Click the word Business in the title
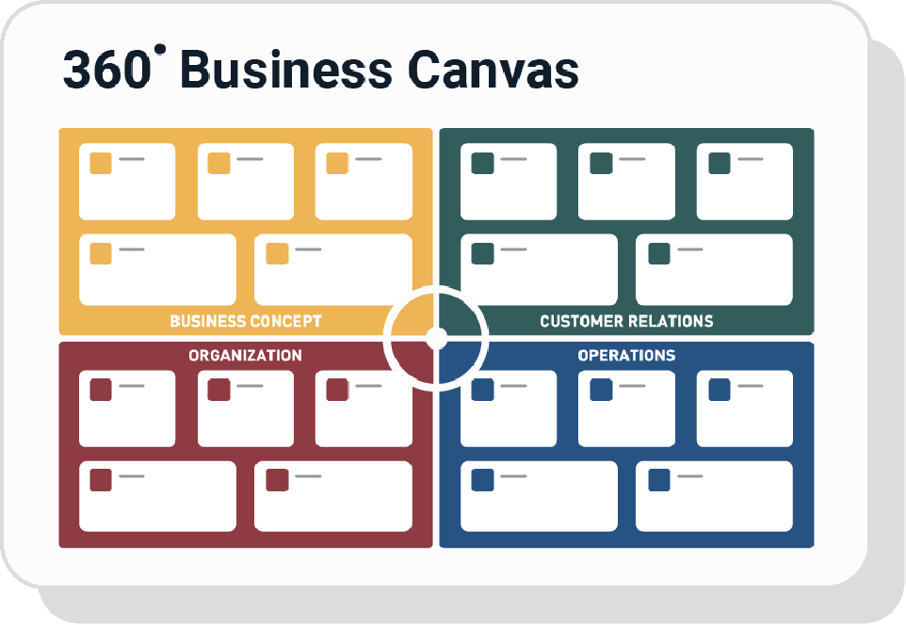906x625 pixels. tap(279, 71)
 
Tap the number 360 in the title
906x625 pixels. tap(105, 71)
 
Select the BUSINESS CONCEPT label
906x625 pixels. tap(246, 321)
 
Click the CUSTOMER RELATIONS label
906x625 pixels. tap(626, 321)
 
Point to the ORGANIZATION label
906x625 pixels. tap(245, 355)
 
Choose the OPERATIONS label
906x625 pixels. tap(626, 355)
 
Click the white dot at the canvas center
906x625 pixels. tap(435, 336)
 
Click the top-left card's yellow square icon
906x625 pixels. tap(101, 163)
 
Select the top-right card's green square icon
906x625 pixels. tap(720, 163)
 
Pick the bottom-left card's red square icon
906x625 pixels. tap(101, 480)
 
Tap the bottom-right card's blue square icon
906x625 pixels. tap(659, 480)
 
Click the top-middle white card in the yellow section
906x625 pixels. tap(246, 182)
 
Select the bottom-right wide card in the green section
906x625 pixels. tap(714, 269)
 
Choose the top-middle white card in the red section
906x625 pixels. tap(246, 409)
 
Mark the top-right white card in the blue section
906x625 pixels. tap(745, 409)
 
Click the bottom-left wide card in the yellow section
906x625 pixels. tap(157, 269)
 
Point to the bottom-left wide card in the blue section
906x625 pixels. tap(539, 496)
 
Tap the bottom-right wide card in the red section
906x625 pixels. tap(333, 496)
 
